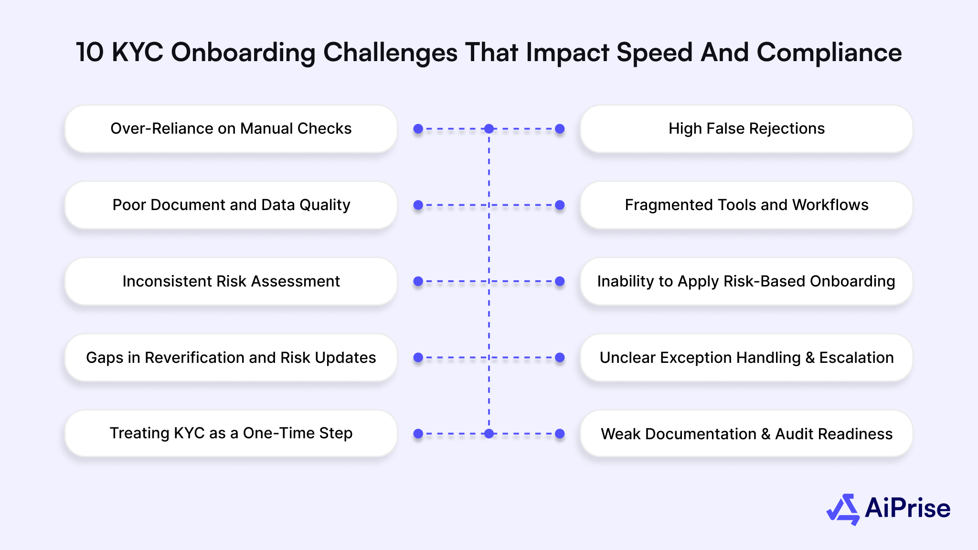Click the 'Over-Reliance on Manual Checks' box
point(231,129)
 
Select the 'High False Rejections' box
point(746,129)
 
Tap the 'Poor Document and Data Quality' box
point(231,205)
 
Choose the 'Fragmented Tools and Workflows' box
point(746,205)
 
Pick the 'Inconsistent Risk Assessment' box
point(231,281)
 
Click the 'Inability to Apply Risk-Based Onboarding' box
point(746,281)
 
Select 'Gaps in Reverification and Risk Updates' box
point(231,358)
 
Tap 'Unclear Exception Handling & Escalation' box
point(746,358)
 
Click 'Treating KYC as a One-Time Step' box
point(231,434)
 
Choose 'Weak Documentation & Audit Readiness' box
point(746,434)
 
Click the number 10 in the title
point(90,52)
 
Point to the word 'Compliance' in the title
point(829,53)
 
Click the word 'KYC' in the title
point(138,52)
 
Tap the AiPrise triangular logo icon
point(843,509)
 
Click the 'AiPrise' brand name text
point(907,508)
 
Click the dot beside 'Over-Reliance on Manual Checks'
point(418,129)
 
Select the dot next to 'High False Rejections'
point(560,129)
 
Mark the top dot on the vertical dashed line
point(489,129)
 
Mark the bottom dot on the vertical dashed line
point(489,434)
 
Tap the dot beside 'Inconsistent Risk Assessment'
point(418,281)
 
